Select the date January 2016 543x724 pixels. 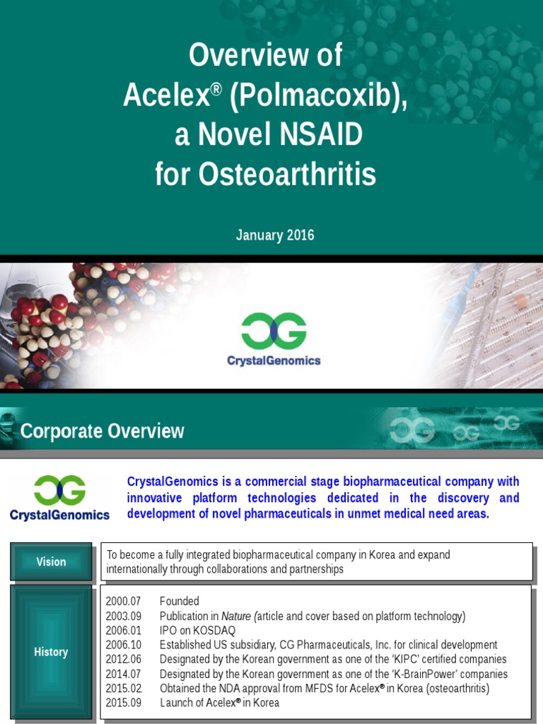click(x=275, y=235)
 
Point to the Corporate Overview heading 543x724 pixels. click(x=103, y=431)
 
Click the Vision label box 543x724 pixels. click(x=51, y=562)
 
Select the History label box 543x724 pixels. click(x=51, y=652)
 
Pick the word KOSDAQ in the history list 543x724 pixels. click(x=212, y=631)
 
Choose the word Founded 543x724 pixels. click(x=180, y=601)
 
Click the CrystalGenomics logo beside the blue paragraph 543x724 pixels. click(x=60, y=498)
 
